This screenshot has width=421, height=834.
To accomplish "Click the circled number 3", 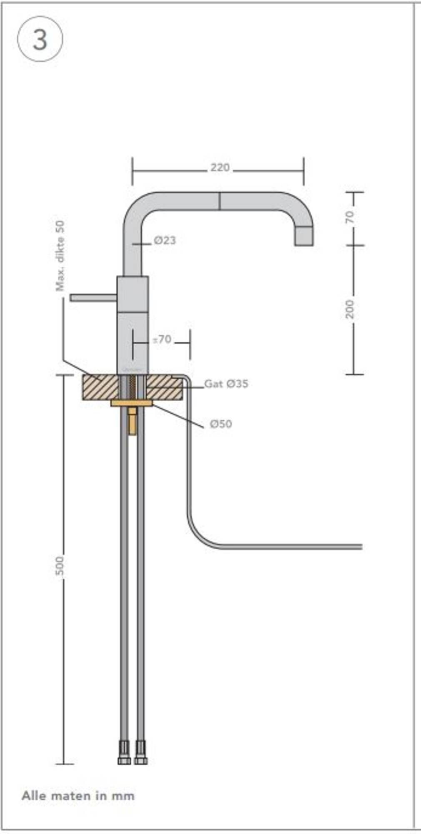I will click(40, 40).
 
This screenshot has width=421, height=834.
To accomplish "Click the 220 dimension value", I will click(220, 168).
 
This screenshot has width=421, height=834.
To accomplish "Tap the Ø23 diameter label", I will click(165, 241).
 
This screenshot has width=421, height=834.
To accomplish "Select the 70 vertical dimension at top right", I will click(350, 217).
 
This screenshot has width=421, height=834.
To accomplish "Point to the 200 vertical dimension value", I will click(350, 309).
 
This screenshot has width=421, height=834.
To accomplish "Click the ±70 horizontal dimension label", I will click(162, 339).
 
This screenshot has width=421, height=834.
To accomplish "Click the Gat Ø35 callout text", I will click(226, 384).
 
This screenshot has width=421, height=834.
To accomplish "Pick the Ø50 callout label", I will click(221, 424).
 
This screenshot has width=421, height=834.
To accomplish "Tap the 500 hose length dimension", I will click(60, 566).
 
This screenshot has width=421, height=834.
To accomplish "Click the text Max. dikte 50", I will click(60, 256).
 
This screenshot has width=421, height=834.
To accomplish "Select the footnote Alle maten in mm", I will click(78, 796).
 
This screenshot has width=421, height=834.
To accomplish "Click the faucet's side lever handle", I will click(93, 297).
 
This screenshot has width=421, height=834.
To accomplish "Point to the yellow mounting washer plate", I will click(132, 403).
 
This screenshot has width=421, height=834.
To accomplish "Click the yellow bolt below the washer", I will click(132, 421).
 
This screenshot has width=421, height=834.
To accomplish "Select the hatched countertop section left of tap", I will click(100, 387).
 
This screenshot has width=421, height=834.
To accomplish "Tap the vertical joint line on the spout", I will click(219, 201).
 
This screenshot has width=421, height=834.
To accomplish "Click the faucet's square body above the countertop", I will click(133, 325).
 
